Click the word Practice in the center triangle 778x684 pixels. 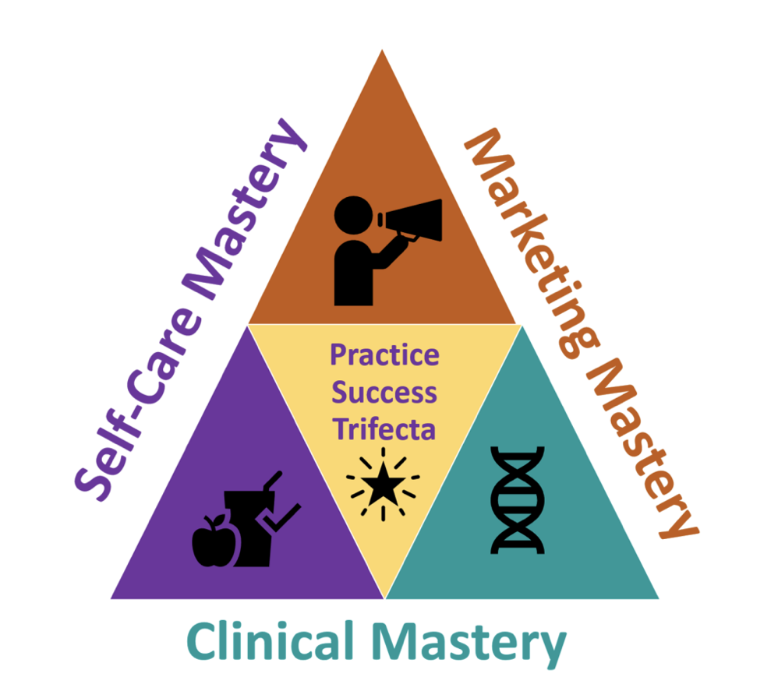tap(384, 356)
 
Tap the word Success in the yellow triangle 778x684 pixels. tap(384, 392)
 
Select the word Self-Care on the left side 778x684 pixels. tap(126, 425)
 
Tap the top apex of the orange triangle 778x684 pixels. tap(382, 53)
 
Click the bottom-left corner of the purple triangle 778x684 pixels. tap(113, 598)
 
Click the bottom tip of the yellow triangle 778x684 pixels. tap(384, 595)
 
